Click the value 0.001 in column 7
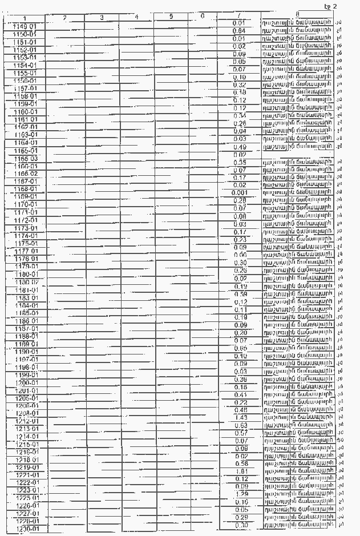239,193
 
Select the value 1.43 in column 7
239,418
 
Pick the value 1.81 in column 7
239,472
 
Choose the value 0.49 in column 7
239,147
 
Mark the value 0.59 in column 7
239,294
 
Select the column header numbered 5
171,17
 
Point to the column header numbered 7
239,14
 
